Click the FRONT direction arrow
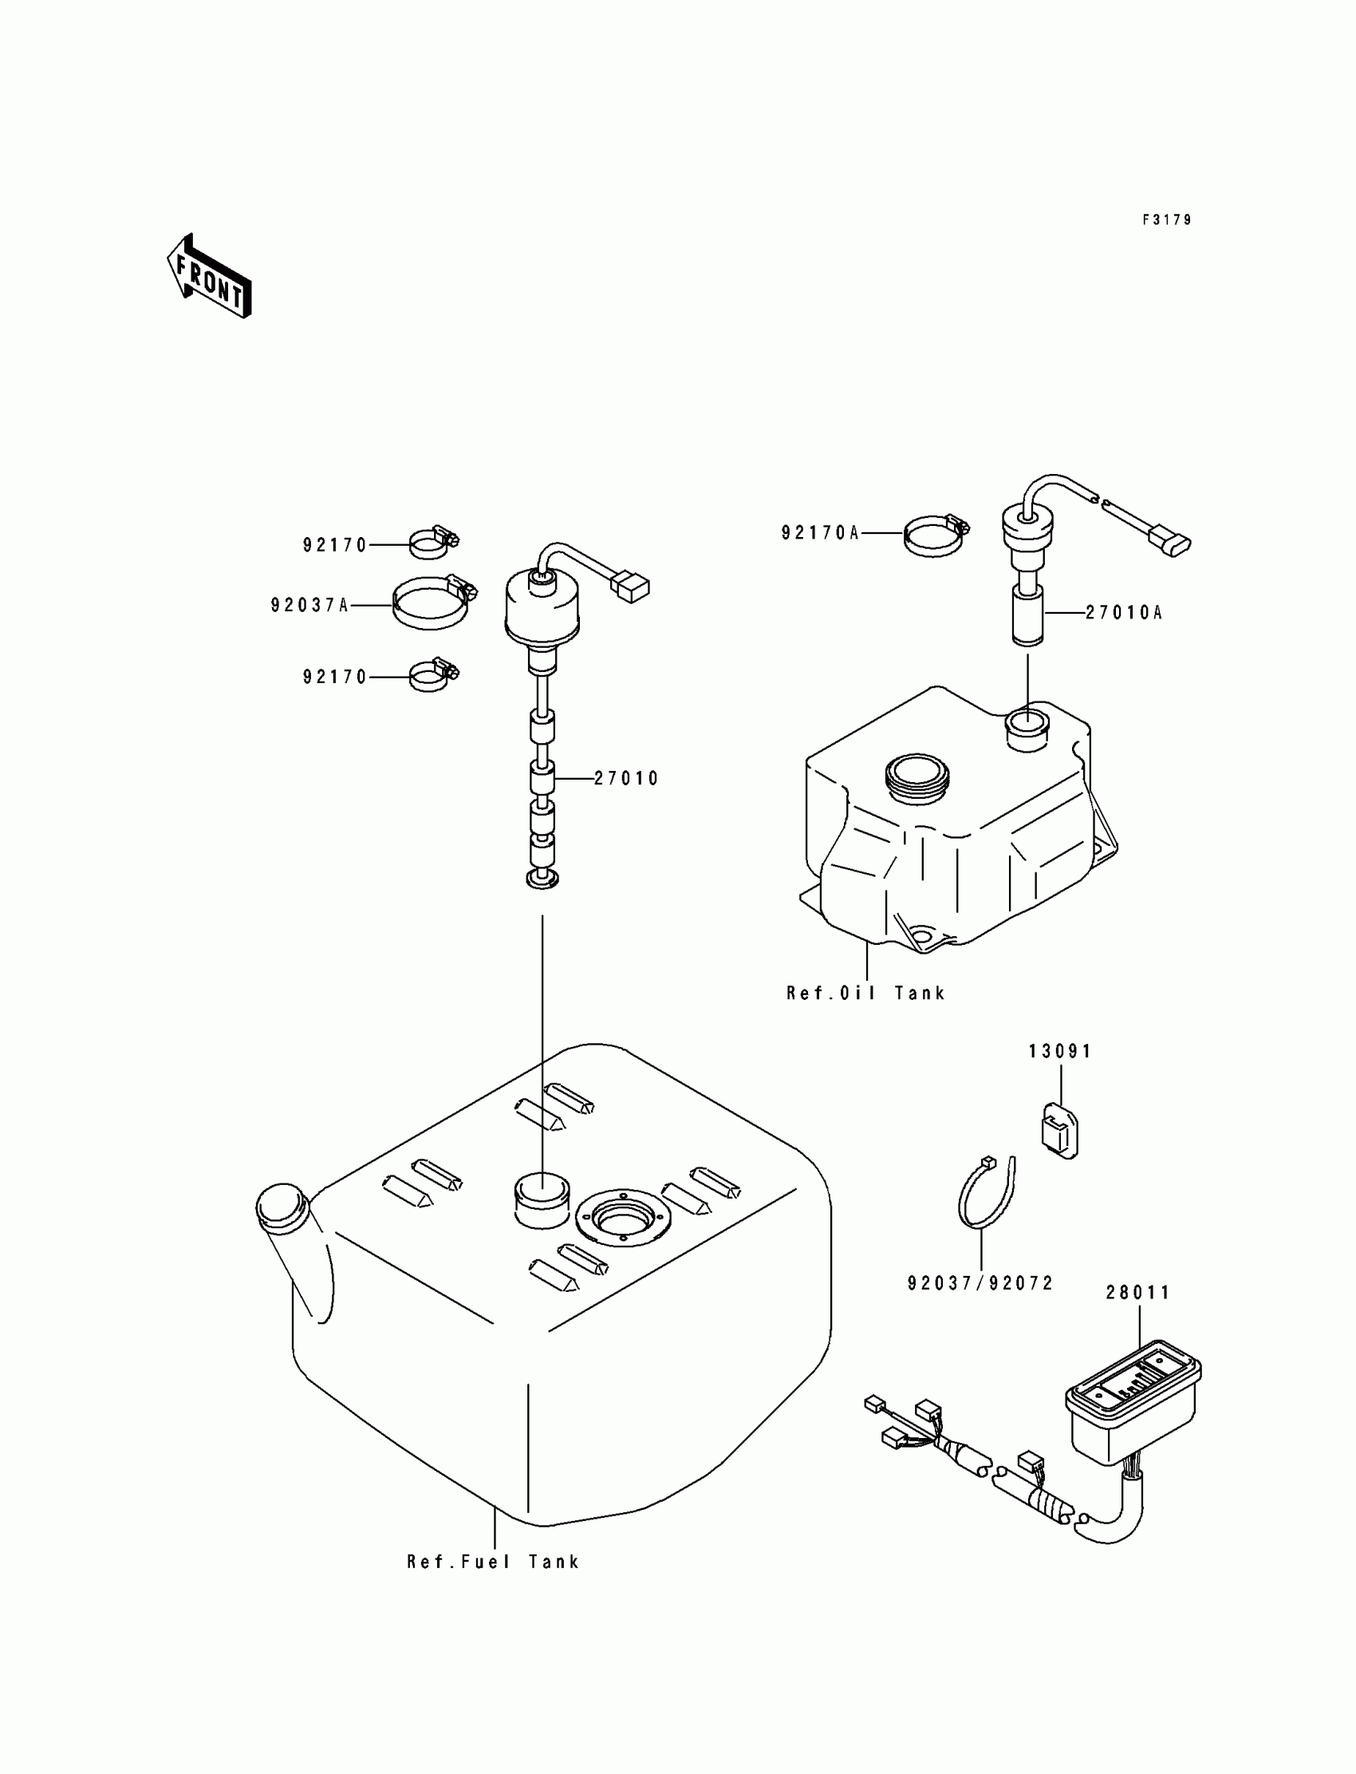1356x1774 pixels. coord(209,276)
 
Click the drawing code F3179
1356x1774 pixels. coord(1166,219)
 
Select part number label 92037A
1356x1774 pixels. coord(309,605)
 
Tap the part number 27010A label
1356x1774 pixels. coord(1124,613)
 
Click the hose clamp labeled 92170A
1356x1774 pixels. coord(935,534)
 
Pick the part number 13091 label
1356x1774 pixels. coord(1060,1051)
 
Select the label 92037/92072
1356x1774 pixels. coord(980,1284)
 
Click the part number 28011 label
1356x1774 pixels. coord(1137,1293)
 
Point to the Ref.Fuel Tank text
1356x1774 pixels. coord(492,1563)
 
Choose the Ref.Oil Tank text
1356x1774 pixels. coord(865,994)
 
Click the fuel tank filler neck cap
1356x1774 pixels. coord(281,1207)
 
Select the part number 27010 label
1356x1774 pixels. coord(626,779)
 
